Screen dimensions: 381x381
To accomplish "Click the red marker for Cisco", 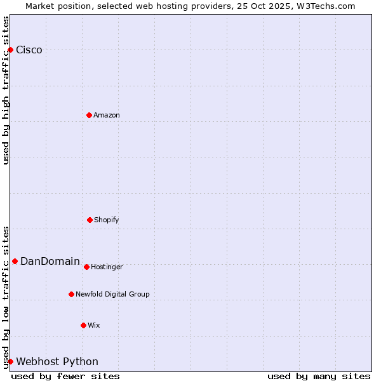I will coord(10,50).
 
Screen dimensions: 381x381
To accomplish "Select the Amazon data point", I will coord(89,115).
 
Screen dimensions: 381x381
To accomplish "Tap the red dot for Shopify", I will coord(90,220).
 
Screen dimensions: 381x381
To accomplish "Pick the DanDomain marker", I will coord(15,261).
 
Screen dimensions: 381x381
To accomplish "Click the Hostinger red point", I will coord(86,267).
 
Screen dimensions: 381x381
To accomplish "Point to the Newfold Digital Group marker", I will coord(71,294).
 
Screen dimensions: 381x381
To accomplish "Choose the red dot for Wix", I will coord(83,325).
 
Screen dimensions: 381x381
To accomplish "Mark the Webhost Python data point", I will coord(10,361).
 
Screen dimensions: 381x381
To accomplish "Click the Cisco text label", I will coord(29,50).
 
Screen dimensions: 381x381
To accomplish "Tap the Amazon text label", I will coord(107,115).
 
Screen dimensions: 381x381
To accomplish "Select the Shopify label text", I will coord(107,220).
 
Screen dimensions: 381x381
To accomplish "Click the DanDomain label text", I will coord(50,261).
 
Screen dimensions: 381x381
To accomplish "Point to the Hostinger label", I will coord(107,267).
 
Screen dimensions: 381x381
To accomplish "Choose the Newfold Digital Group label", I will coord(112,294).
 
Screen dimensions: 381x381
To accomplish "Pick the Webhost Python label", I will coord(57,361).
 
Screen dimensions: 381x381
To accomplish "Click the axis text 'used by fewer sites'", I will coord(65,376).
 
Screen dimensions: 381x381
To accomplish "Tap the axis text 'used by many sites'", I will coord(319,376).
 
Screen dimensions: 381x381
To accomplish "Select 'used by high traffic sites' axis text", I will coord(6,90).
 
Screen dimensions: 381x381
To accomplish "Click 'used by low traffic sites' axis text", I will coord(6,297).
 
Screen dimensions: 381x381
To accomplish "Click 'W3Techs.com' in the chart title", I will coord(324,6).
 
